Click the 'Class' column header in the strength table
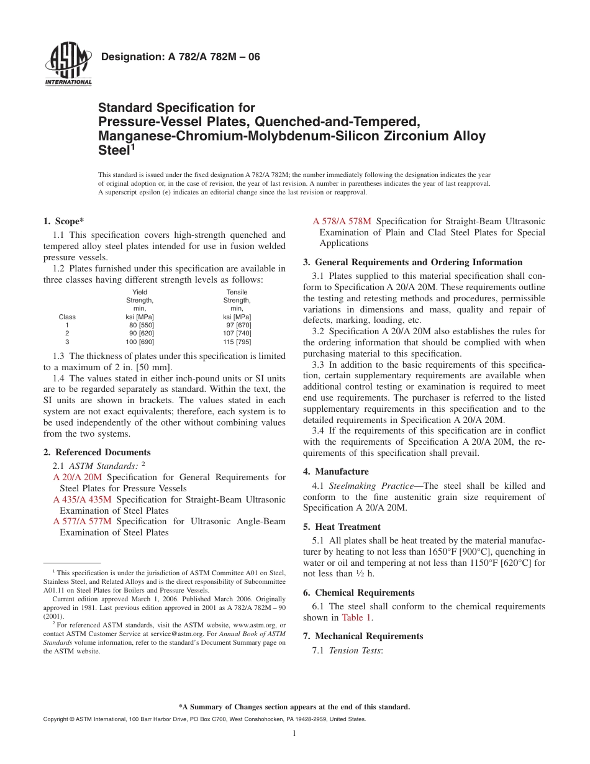[x=67, y=317]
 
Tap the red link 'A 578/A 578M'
[x=342, y=221]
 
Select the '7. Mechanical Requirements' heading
[x=363, y=636]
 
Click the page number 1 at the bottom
[x=294, y=734]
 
